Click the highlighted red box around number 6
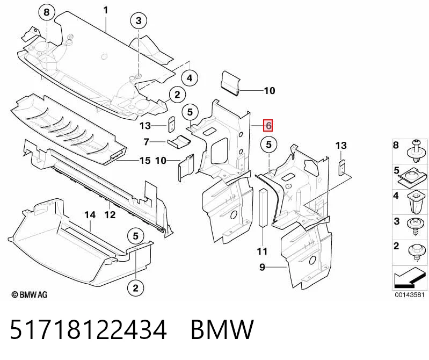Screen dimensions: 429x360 pyautogui.click(x=268, y=126)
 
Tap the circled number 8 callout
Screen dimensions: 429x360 pyautogui.click(x=47, y=12)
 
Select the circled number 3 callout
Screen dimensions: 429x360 pyautogui.click(x=139, y=20)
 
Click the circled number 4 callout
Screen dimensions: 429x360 pyautogui.click(x=190, y=78)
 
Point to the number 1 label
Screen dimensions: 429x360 pyautogui.click(x=106, y=10)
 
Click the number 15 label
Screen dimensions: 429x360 pyautogui.click(x=145, y=161)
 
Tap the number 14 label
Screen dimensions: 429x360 pyautogui.click(x=90, y=215)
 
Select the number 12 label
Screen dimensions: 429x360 pyautogui.click(x=110, y=214)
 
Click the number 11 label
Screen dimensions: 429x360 pyautogui.click(x=262, y=251)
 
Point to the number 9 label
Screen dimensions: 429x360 pyautogui.click(x=262, y=267)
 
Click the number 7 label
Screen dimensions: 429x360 pyautogui.click(x=147, y=142)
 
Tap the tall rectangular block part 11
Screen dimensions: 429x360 pyautogui.click(x=263, y=208)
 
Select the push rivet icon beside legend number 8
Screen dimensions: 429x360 pyautogui.click(x=417, y=152)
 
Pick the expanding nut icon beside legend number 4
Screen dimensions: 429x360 pyautogui.click(x=416, y=203)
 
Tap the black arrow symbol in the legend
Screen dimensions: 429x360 pyautogui.click(x=410, y=278)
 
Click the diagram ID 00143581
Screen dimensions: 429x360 pyautogui.click(x=410, y=295)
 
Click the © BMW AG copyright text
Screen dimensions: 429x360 pyautogui.click(x=30, y=294)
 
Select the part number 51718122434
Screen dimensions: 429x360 pyautogui.click(x=88, y=329)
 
